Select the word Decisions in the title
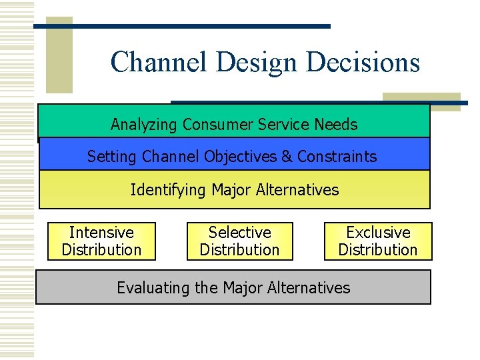(363, 62)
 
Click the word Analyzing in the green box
(144, 125)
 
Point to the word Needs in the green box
(337, 125)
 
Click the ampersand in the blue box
(287, 157)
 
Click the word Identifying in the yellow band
(168, 190)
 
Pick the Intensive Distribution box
(101, 241)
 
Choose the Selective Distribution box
(239, 241)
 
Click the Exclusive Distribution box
(378, 241)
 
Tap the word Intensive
(101, 233)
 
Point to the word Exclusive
(378, 233)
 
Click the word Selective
(239, 233)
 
